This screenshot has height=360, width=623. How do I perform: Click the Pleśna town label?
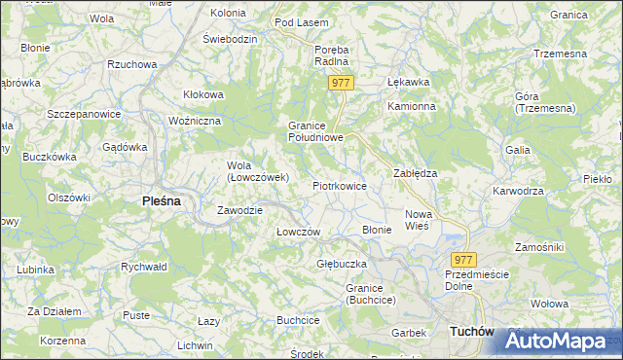pos(155,201)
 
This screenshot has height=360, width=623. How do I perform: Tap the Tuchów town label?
pos(471,332)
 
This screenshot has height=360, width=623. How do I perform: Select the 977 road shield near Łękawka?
pos(340,84)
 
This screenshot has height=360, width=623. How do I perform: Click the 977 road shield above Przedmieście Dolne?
pos(463,259)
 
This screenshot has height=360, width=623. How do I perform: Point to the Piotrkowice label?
pos(339,185)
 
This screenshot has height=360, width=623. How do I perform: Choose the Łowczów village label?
pos(299,232)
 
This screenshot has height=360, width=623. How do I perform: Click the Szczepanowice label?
pos(83,114)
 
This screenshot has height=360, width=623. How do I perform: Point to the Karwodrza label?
pos(518,191)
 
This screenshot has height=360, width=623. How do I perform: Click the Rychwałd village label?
pos(144,266)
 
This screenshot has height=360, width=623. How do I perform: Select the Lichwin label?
pos(195,345)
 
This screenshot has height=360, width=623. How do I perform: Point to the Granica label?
pos(595,15)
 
